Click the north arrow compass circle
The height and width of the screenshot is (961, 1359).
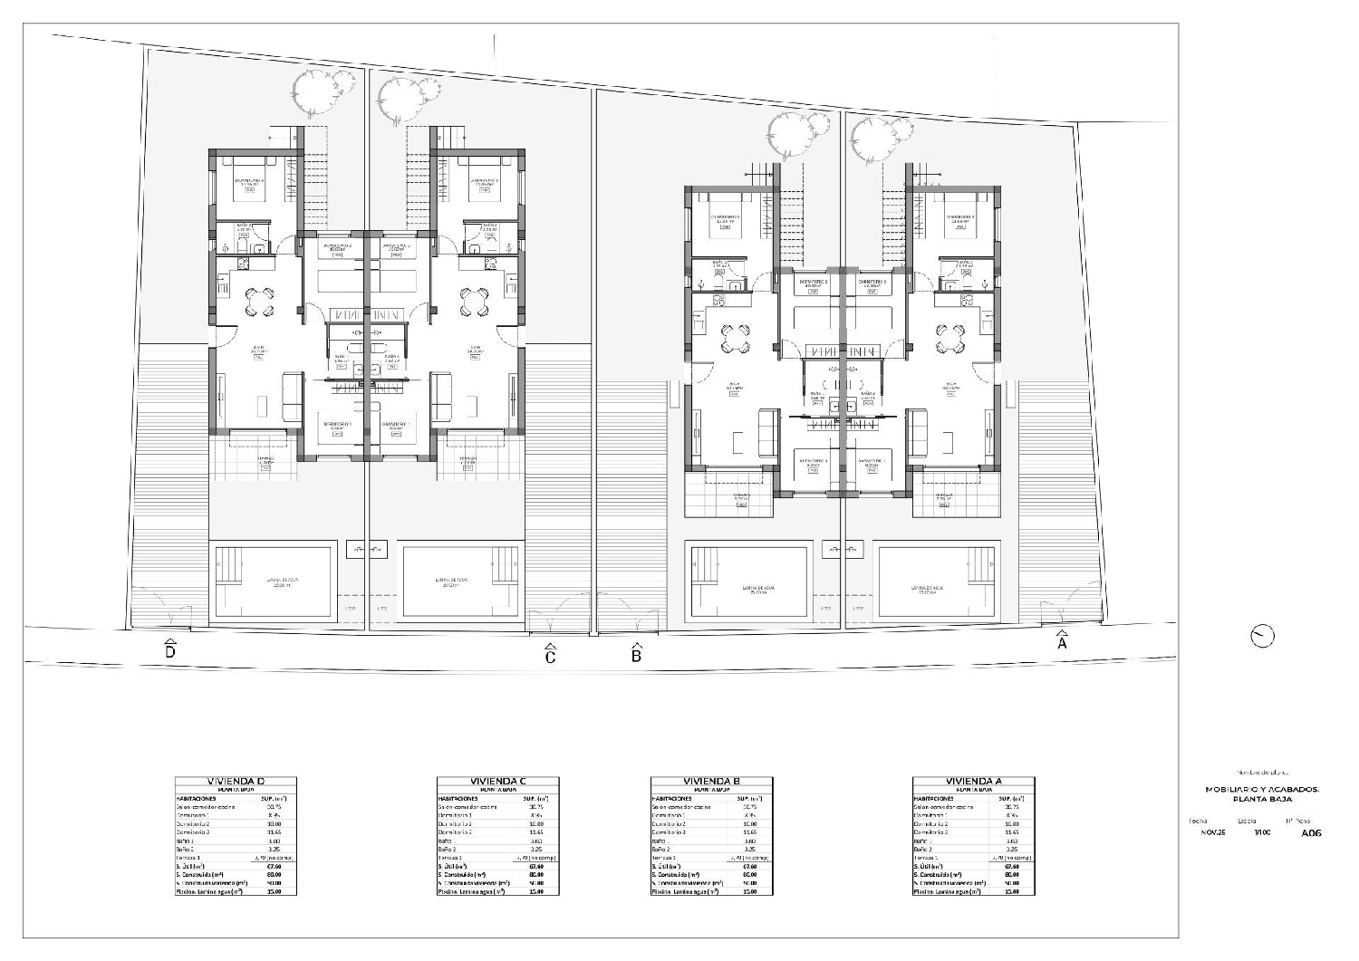pyautogui.click(x=1261, y=637)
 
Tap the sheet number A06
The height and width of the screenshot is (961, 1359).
pyautogui.click(x=1311, y=832)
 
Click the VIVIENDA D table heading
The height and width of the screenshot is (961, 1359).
pyautogui.click(x=235, y=782)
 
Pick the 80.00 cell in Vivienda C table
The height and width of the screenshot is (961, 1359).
pyautogui.click(x=535, y=874)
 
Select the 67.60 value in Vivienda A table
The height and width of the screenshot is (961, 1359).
pyautogui.click(x=1011, y=866)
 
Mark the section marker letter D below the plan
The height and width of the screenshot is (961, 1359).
pyautogui.click(x=169, y=651)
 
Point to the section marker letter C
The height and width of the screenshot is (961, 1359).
pyautogui.click(x=550, y=658)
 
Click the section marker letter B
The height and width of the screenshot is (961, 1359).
pyautogui.click(x=636, y=656)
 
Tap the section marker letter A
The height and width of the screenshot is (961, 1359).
pyautogui.click(x=1063, y=644)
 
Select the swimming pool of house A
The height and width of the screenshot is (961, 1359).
pyautogui.click(x=939, y=581)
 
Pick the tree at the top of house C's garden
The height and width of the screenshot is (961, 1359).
pyautogui.click(x=399, y=96)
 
